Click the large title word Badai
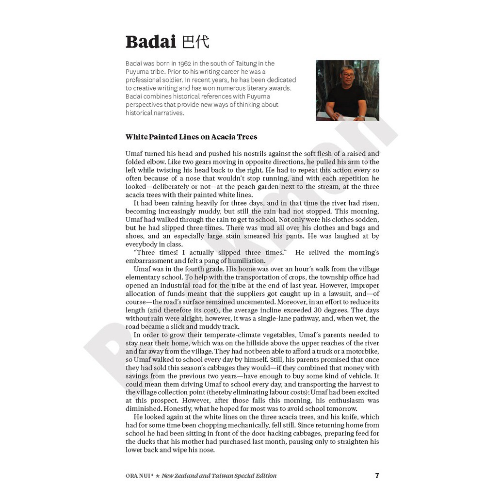pyautogui.click(x=150, y=42)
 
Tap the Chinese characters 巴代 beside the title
pyautogui.click(x=195, y=42)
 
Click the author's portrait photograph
pyautogui.click(x=347, y=90)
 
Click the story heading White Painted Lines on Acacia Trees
pyautogui.click(x=191, y=137)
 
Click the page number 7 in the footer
pyautogui.click(x=377, y=475)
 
